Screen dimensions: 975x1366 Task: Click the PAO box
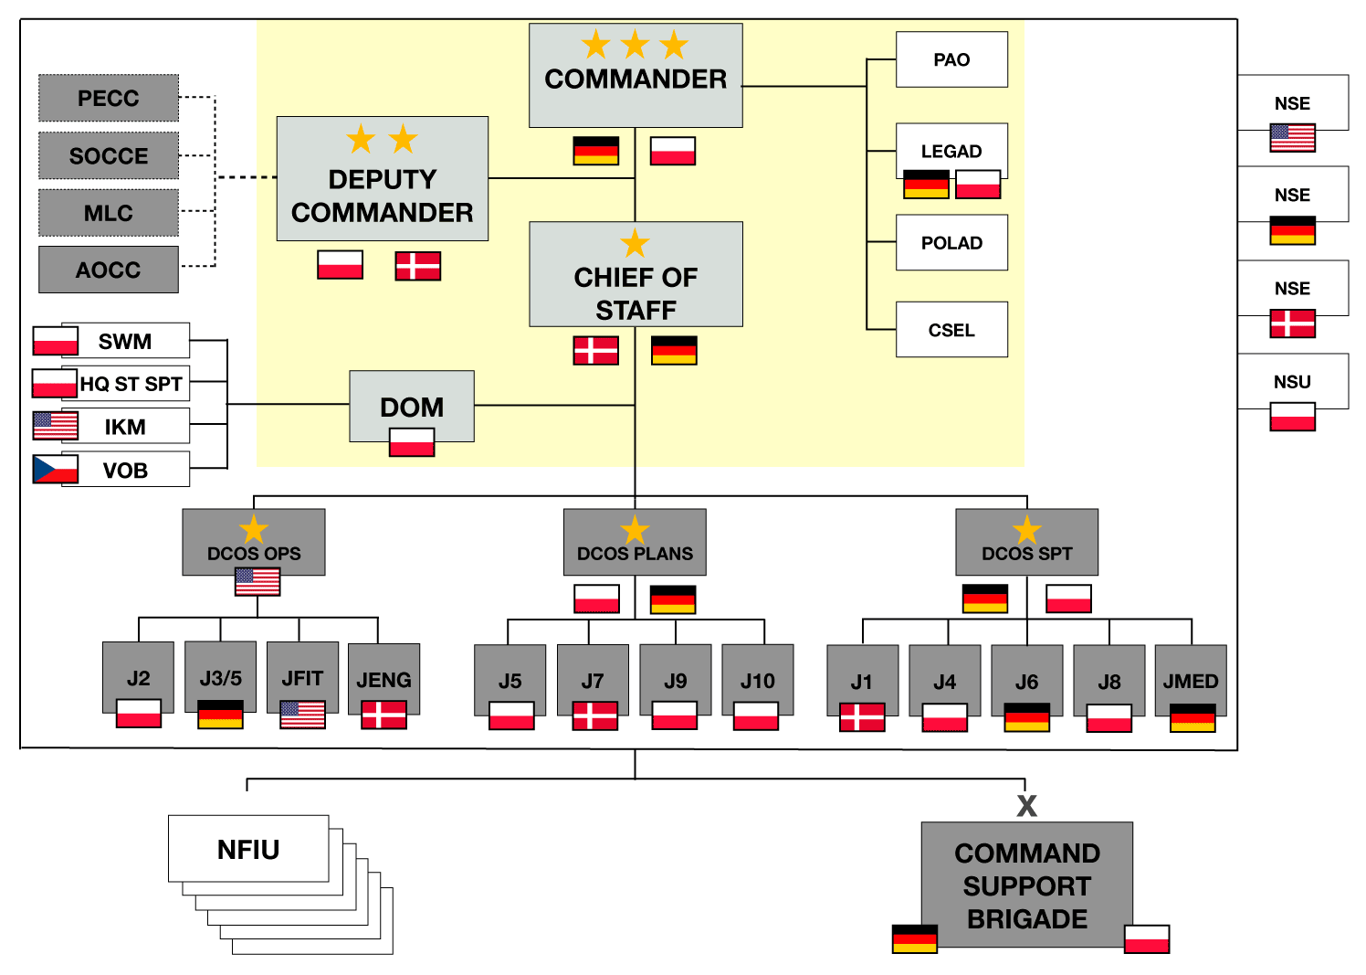click(x=951, y=59)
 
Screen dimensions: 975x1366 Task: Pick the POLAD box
click(x=951, y=243)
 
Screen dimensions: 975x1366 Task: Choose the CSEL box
click(x=951, y=330)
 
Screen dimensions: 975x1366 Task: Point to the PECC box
click(x=109, y=98)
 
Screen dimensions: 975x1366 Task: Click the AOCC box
click(x=109, y=270)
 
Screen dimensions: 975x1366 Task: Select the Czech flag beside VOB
click(x=55, y=470)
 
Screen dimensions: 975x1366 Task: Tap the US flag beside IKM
click(x=55, y=426)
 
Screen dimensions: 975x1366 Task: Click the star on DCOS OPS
click(x=254, y=529)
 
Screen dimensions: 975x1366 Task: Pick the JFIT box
click(x=302, y=677)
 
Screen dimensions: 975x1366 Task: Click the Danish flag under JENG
click(x=384, y=715)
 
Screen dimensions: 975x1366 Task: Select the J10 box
click(x=757, y=680)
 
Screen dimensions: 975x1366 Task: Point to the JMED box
click(x=1191, y=680)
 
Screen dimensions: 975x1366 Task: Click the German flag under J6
click(x=1026, y=717)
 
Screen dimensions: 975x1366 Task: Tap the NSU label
click(x=1292, y=382)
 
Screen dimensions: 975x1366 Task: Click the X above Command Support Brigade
click(x=1026, y=806)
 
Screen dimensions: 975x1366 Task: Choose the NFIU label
click(x=248, y=850)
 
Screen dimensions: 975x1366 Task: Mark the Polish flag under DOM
click(x=412, y=442)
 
